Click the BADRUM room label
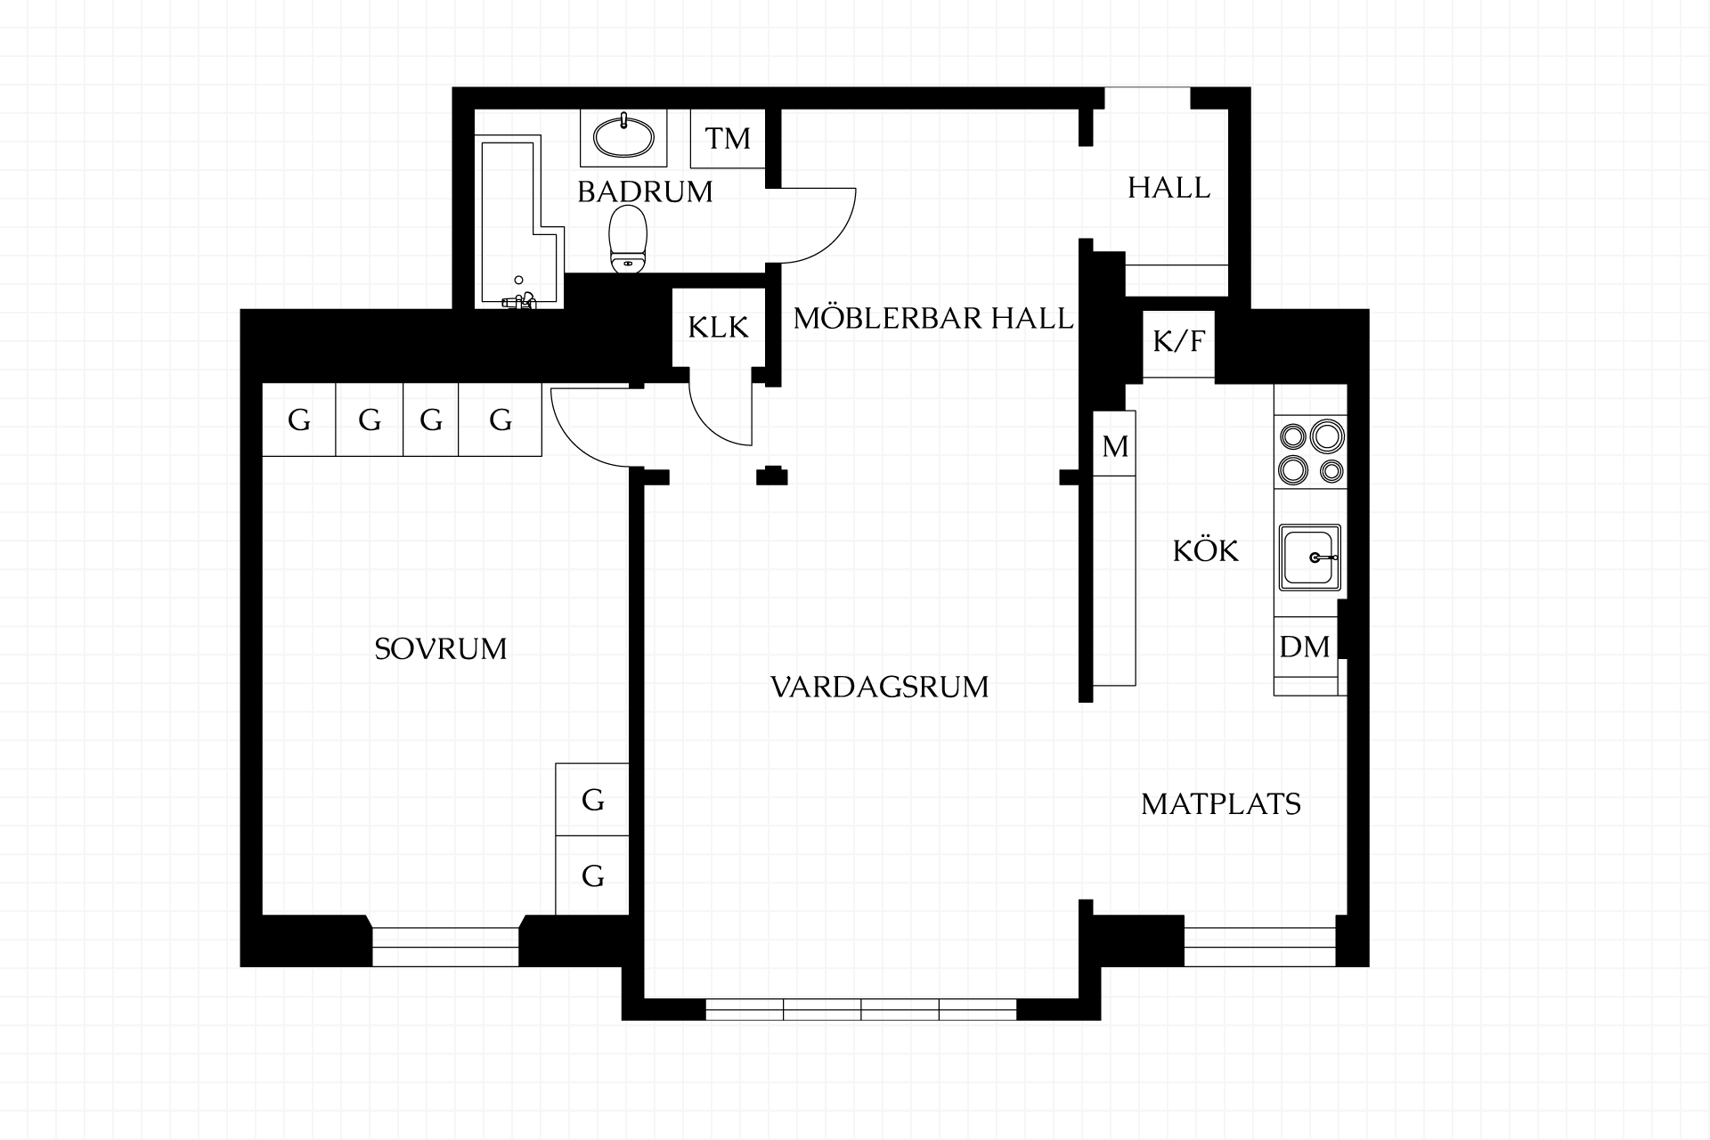[645, 191]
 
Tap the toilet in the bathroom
[628, 239]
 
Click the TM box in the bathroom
[728, 138]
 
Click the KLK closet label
[719, 328]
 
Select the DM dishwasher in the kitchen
[1305, 647]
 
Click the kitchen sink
[1310, 558]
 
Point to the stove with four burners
[1310, 452]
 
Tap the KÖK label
[1206, 550]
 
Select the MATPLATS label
[1221, 804]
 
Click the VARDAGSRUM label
[880, 688]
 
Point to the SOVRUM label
[441, 648]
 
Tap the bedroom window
[445, 947]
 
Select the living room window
[861, 1009]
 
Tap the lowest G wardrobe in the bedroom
[592, 875]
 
